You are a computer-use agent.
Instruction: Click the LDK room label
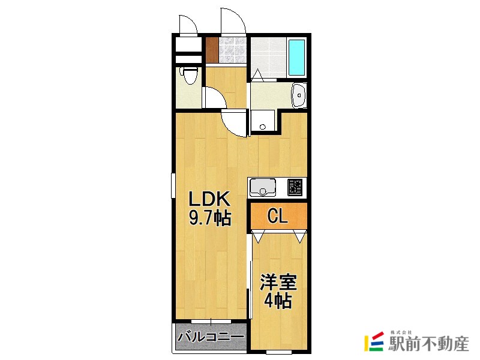pos(210,199)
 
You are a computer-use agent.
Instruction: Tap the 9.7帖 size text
pos(210,218)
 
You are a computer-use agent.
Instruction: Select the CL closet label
pos(277,216)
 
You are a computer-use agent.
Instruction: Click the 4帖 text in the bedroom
pos(278,301)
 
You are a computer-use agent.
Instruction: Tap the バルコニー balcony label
pos(211,338)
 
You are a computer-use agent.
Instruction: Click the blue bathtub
pos(296,58)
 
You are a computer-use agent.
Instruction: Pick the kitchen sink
pos(263,188)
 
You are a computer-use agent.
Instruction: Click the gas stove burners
pos(295,188)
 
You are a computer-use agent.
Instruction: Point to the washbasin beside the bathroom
pos(299,95)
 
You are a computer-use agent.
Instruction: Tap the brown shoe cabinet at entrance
pos(212,50)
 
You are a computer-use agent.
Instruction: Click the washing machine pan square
pos(262,122)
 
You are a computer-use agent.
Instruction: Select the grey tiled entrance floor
pos(233,50)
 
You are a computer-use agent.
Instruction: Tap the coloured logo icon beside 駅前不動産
pos(374,341)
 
